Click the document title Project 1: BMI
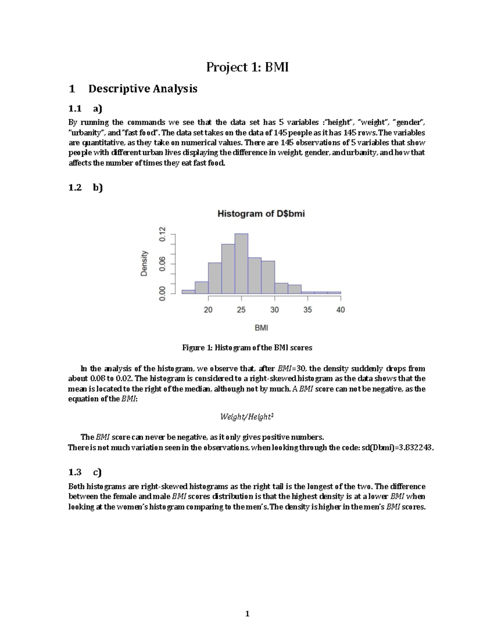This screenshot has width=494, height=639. coord(247,67)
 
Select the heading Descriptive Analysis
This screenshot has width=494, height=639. coord(142,88)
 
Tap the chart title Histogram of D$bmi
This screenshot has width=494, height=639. coord(261,214)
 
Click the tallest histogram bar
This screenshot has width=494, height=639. coord(241,263)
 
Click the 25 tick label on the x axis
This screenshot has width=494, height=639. coord(241,310)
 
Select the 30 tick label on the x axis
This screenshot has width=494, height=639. coord(275,310)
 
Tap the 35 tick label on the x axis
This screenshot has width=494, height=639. coord(308,310)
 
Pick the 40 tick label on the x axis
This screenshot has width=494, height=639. coord(340,310)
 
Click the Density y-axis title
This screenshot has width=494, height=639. coord(144,263)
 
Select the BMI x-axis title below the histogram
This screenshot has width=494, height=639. coord(261,328)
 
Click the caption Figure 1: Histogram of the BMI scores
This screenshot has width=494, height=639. coord(247,348)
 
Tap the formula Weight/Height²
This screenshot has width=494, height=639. coord(247,417)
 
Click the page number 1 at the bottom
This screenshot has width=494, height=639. coord(247,614)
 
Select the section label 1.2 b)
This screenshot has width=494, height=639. coord(85,188)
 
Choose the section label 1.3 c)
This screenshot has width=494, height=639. coord(85,472)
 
